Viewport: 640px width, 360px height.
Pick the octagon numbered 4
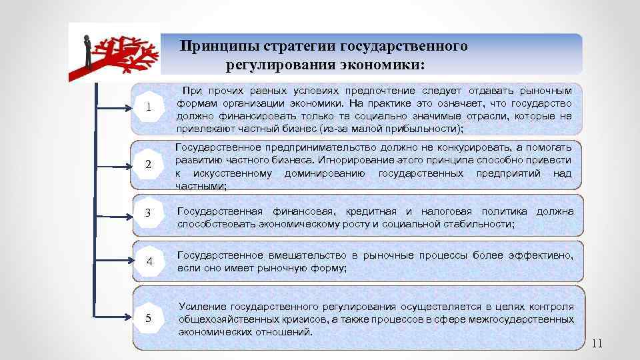coord(150,262)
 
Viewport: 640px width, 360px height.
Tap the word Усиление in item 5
coord(203,307)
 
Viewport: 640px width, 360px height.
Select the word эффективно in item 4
coord(541,256)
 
